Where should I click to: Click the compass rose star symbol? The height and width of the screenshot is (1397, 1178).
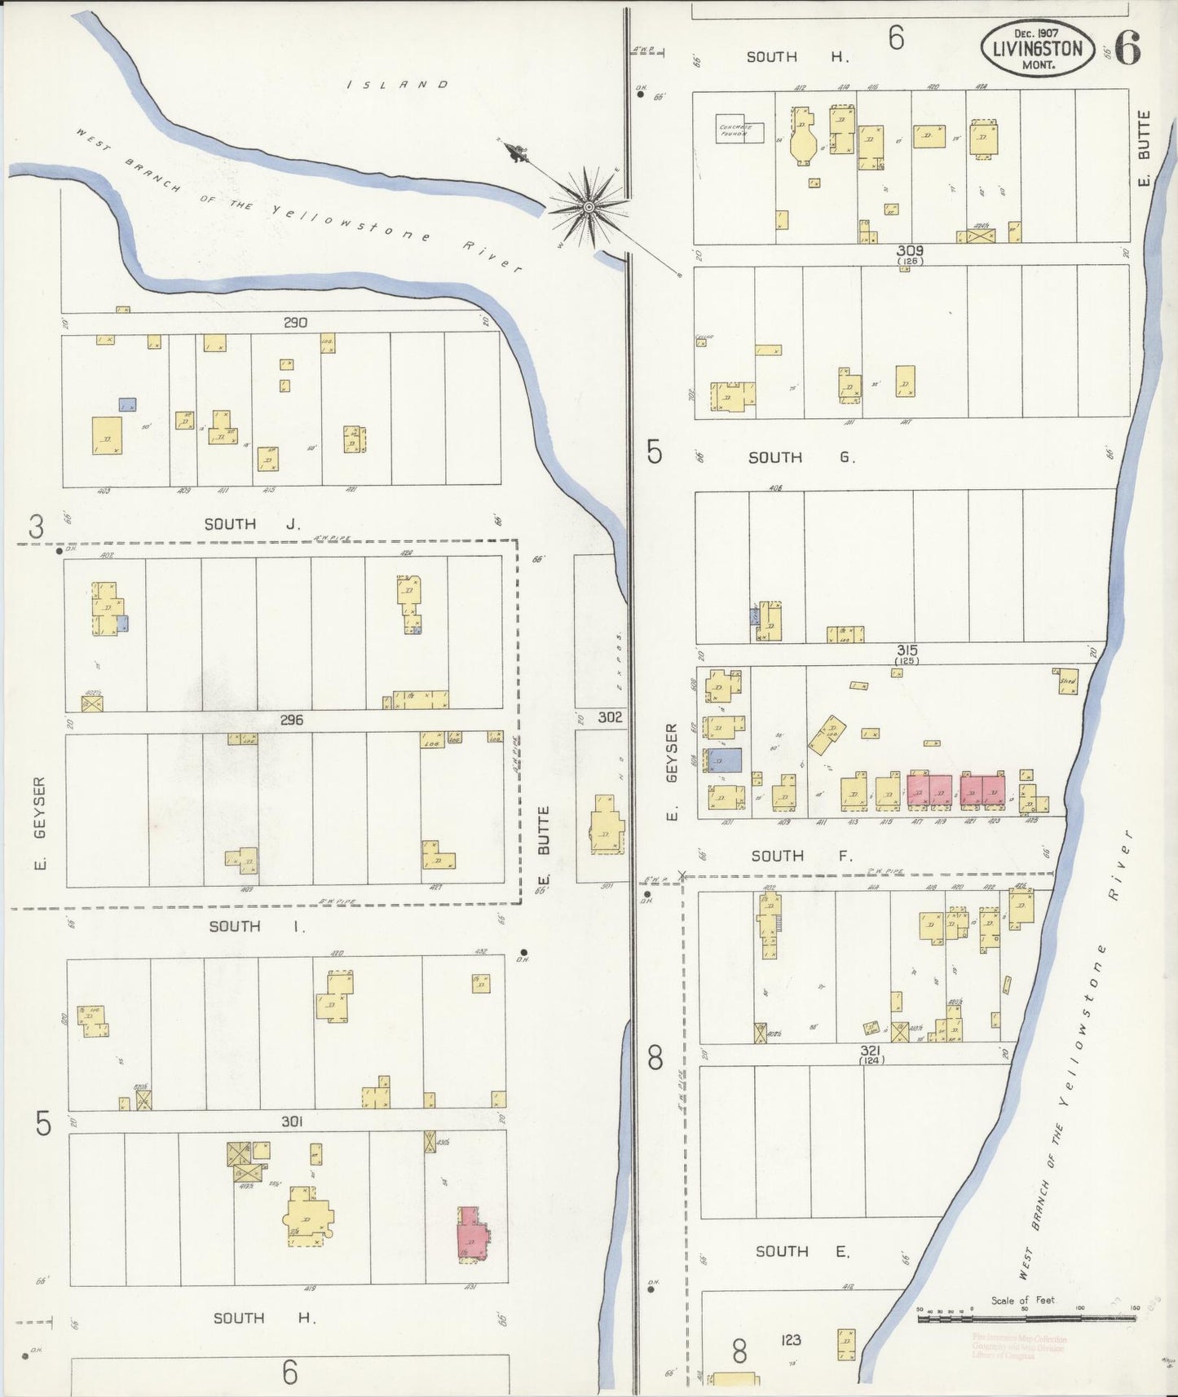pos(588,207)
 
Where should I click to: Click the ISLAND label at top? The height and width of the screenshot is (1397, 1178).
pos(398,84)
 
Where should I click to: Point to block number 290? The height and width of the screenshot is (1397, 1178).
pos(295,323)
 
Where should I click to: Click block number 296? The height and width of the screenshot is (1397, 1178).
pos(291,720)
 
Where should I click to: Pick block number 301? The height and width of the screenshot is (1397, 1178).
pos(292,1122)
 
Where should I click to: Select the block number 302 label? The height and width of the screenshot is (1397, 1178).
pos(610,717)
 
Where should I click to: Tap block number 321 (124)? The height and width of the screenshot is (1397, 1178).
pos(871,1054)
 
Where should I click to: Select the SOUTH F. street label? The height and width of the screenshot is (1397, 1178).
pos(801,856)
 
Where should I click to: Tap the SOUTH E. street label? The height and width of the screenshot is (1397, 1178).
pos(801,1251)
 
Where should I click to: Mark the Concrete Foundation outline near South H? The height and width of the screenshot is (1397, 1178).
pos(739,130)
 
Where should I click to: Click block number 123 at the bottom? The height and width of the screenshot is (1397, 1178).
pos(790,1339)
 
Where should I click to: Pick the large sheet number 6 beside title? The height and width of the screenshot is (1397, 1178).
pos(1127,48)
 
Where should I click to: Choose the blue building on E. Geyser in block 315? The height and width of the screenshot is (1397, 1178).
pos(725,760)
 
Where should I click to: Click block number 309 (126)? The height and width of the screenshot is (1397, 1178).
pos(909,253)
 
